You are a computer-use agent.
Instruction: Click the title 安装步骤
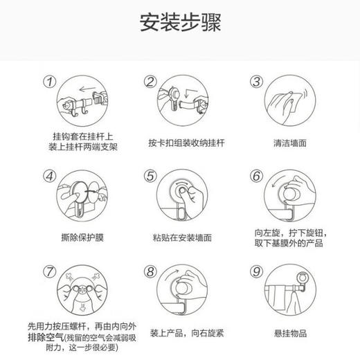tap(179, 24)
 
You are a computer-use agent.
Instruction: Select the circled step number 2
tap(150, 82)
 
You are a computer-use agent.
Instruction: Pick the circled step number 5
tap(150, 176)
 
